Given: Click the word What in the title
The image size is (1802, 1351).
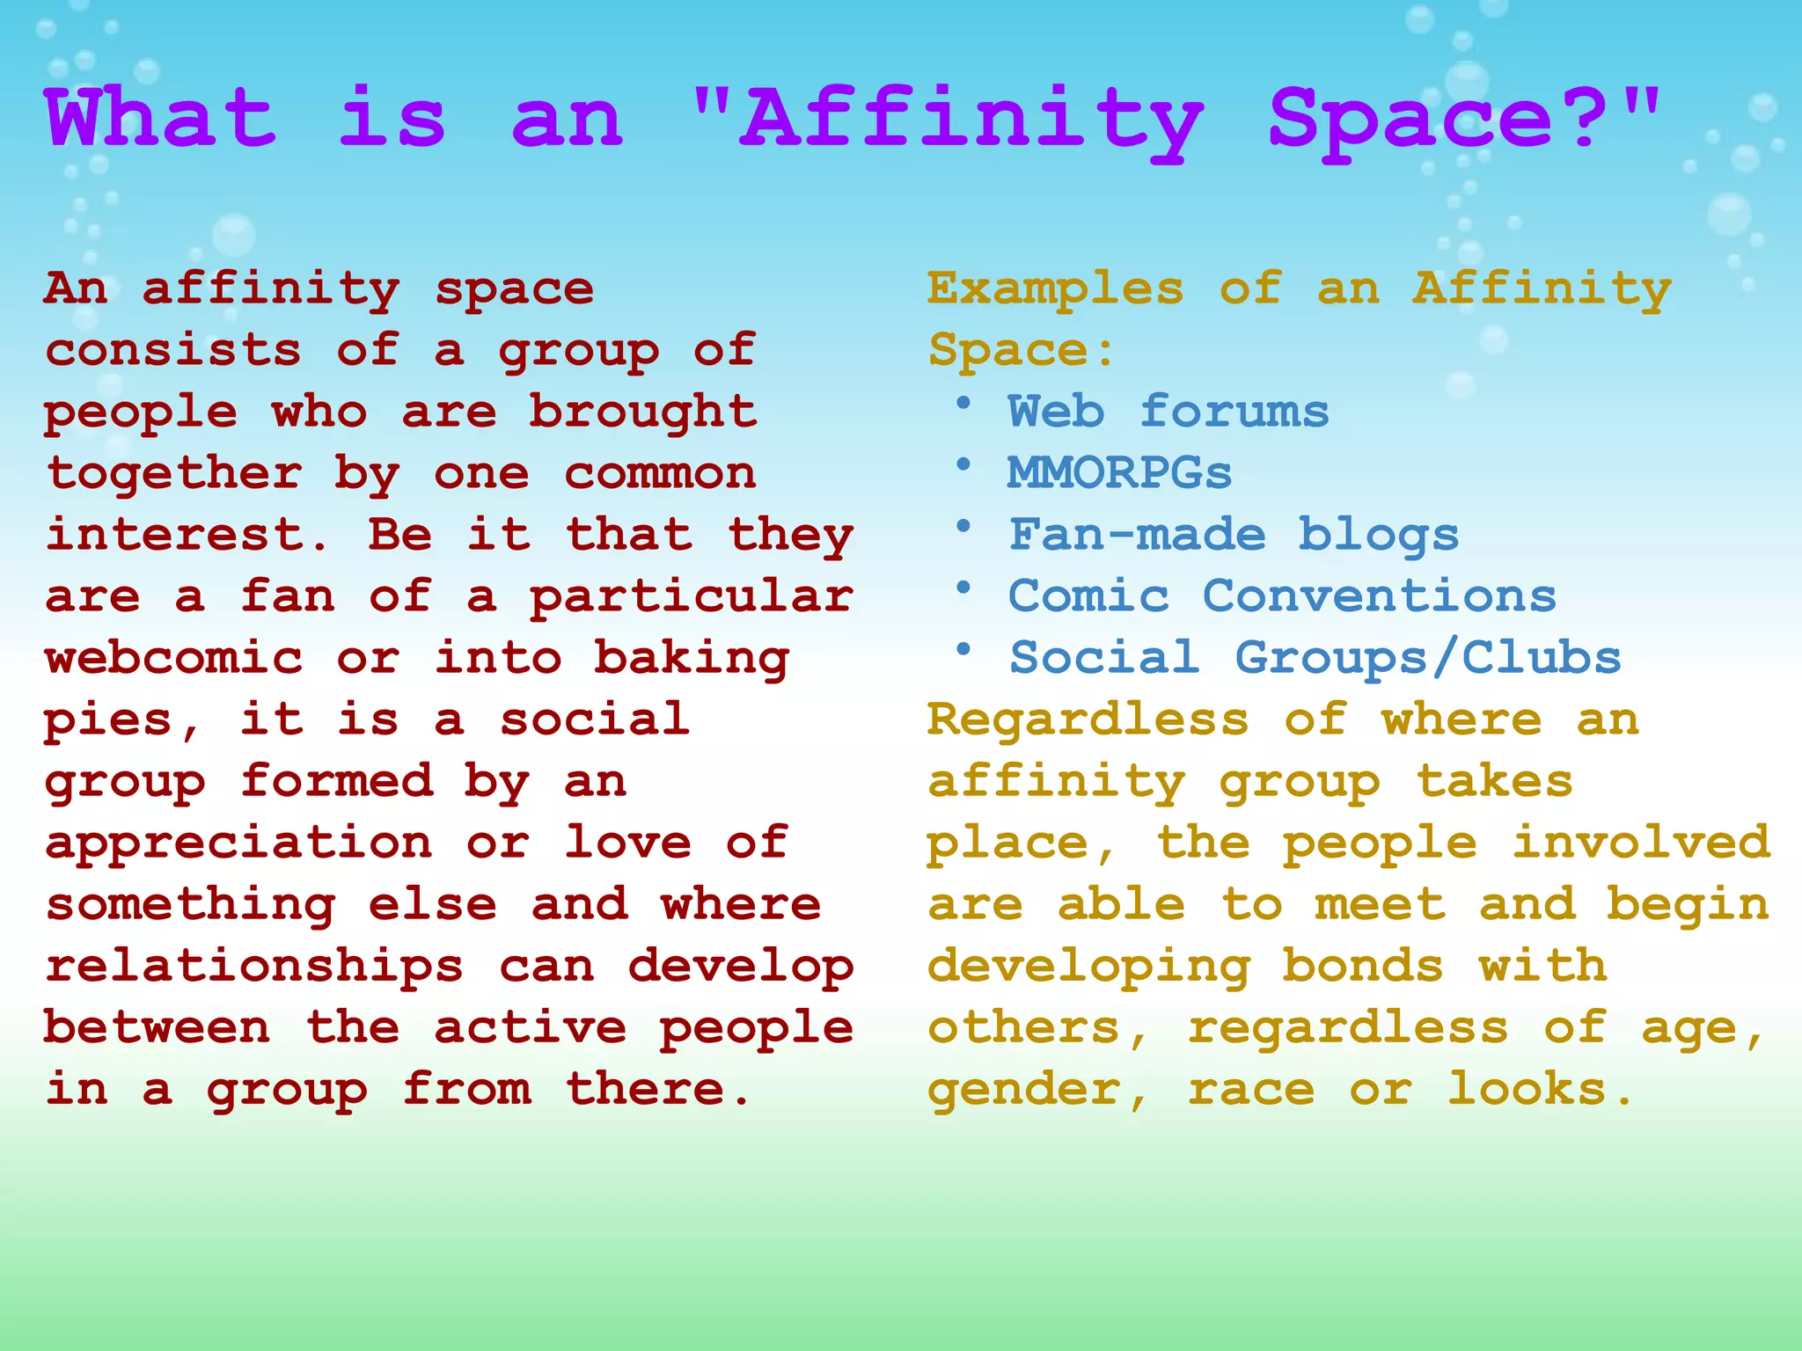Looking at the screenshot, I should click(161, 119).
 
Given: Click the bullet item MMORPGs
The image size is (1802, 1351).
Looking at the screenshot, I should click(1119, 473).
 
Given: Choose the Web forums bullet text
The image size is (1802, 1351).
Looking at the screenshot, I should click(1168, 412).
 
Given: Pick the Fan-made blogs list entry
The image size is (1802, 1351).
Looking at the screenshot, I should click(1234, 535).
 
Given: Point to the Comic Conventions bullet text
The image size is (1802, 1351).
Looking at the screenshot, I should click(1282, 596).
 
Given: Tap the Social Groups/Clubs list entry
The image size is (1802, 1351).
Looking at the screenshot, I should click(1315, 658).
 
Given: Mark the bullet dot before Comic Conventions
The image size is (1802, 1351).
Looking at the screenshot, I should click(963, 588).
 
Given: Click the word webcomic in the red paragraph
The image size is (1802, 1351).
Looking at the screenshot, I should click(173, 658).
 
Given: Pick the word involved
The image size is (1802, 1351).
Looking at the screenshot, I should click(1641, 843).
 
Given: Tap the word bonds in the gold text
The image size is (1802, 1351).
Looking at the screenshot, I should click(1363, 966).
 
